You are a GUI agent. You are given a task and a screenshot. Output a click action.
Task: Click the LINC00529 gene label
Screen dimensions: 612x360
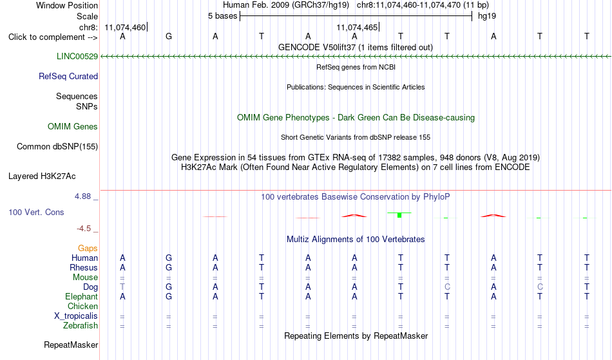pos(77,56)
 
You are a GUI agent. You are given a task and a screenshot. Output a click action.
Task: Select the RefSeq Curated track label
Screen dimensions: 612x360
pos(68,76)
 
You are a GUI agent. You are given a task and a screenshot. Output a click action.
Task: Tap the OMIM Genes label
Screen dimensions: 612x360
pos(73,126)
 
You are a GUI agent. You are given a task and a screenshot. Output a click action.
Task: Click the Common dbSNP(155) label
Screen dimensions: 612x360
pos(57,147)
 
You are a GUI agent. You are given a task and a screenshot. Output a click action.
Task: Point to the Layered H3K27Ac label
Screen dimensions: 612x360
pos(42,176)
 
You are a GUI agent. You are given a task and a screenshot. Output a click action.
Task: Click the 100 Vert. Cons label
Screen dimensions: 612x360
pos(36,212)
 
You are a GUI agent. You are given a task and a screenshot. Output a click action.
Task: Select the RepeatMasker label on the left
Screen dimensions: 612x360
pos(71,345)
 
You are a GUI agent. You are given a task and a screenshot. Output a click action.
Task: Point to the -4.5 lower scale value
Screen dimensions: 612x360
pos(84,229)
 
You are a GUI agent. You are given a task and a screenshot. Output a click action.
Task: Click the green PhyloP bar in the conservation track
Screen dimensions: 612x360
pos(399,215)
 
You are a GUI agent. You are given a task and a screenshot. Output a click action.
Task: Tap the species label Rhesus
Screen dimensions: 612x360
pos(84,267)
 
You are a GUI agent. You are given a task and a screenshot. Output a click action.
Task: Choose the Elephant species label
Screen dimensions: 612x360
pos(82,297)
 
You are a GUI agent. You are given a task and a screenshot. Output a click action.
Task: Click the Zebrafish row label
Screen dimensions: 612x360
pos(81,326)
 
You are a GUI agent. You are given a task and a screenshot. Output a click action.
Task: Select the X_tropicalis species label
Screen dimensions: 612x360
pos(76,316)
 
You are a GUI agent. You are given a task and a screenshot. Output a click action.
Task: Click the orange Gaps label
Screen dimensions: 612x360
pos(88,248)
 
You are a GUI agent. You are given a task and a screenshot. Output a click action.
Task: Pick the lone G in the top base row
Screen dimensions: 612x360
pos(169,36)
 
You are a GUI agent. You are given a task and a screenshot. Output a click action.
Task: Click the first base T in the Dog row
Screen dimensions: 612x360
pos(122,287)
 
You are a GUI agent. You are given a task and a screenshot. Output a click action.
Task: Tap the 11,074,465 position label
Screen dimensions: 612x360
pos(357,27)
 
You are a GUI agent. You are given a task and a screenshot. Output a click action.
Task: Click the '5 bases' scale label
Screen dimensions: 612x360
pos(222,16)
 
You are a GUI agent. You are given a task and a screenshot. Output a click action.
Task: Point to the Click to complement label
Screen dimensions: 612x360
pos(53,37)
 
